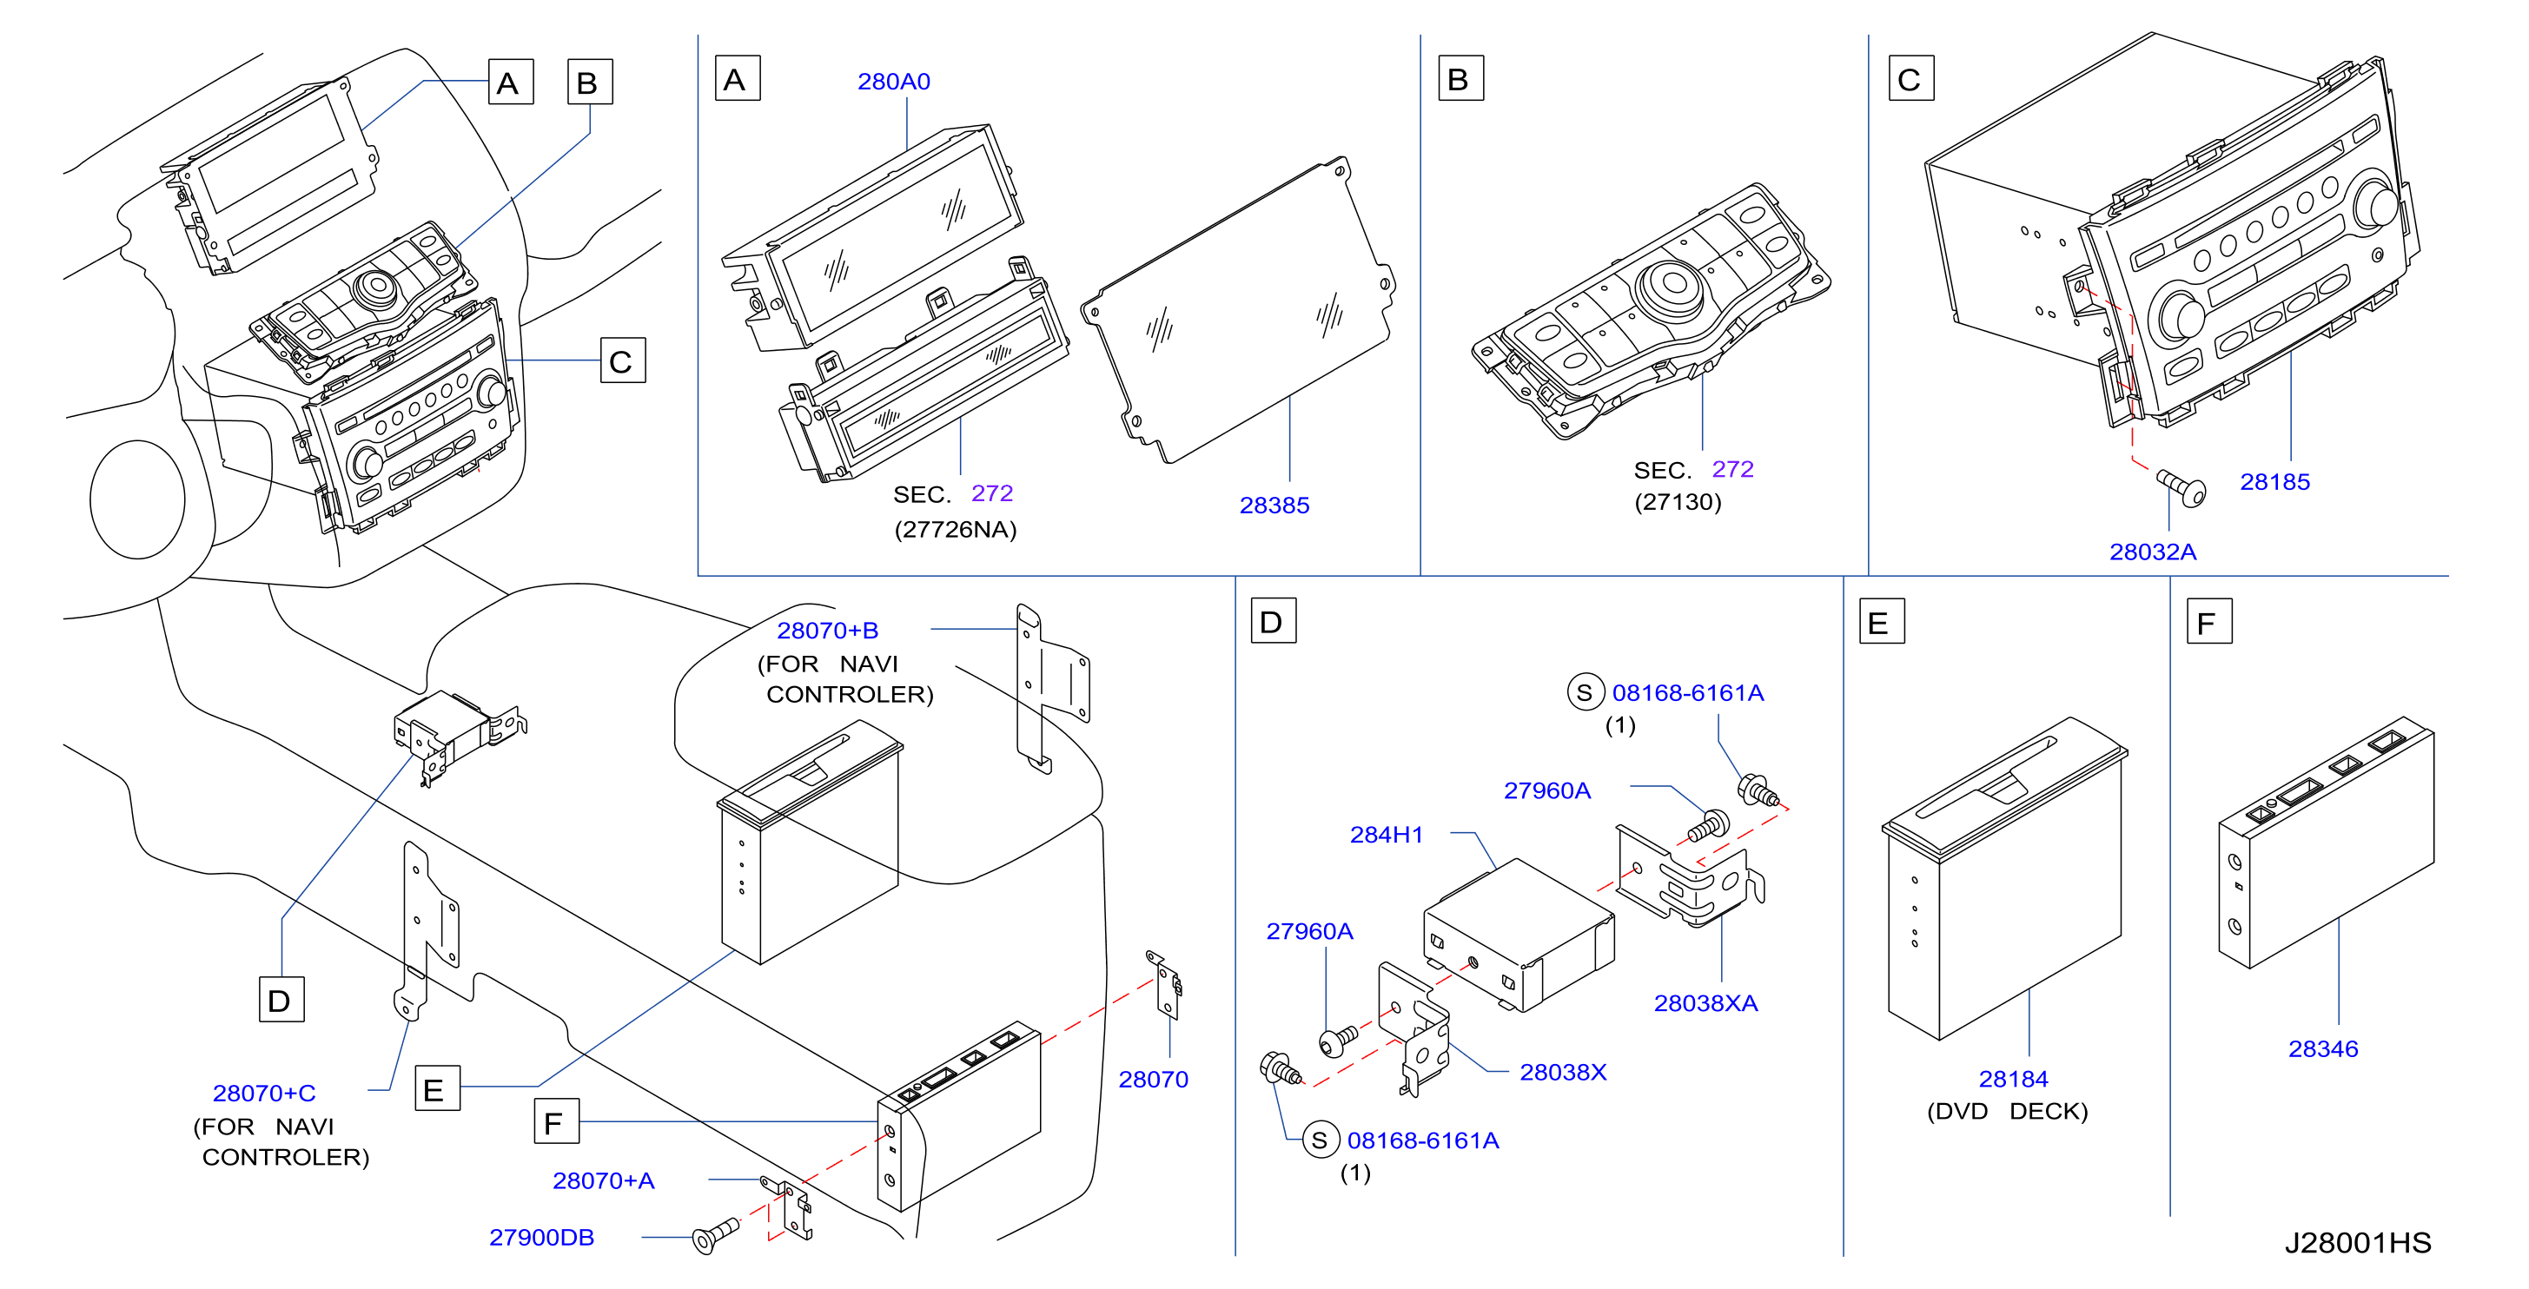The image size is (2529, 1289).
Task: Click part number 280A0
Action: click(893, 82)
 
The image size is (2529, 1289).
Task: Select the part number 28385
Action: click(1274, 506)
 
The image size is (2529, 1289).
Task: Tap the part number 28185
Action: click(2274, 482)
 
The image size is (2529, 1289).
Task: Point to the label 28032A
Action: click(2153, 552)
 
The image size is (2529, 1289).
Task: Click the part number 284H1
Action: click(1387, 835)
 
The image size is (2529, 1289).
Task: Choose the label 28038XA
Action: click(1706, 1003)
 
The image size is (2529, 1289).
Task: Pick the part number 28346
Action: click(2323, 1048)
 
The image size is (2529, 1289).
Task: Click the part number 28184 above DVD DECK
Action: click(2014, 1079)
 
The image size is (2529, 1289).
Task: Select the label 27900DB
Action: click(542, 1237)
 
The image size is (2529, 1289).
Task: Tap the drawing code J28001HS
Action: click(2358, 1243)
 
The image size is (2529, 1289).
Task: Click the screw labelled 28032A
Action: click(2181, 487)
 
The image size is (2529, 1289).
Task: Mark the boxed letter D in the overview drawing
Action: click(281, 1000)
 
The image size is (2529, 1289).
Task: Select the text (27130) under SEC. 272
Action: click(1678, 502)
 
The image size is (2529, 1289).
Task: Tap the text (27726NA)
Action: click(956, 529)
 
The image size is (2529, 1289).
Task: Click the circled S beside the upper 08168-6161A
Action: click(1585, 692)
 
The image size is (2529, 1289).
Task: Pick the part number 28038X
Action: click(1563, 1072)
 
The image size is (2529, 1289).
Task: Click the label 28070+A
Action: click(603, 1180)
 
